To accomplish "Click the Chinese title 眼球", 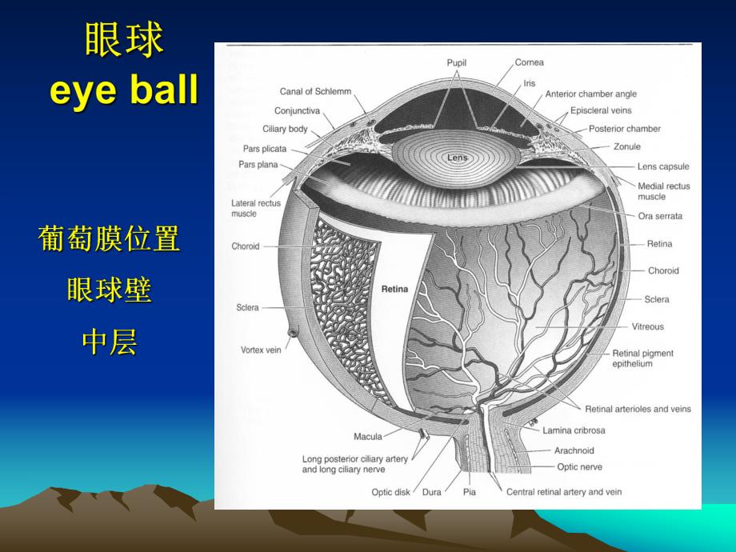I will point(124,41).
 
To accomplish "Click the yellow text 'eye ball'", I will point(124,90).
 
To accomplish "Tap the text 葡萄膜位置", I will point(109,238).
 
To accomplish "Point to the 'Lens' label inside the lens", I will point(457,158).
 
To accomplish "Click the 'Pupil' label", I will point(457,62).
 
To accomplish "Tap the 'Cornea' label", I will point(529,62).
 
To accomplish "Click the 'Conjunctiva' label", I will point(297,110).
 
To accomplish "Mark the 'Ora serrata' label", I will point(660,216).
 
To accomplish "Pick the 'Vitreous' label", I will point(648,326).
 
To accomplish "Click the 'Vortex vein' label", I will point(261,350).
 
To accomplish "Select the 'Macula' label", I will point(368,437).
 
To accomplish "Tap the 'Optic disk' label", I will point(392,492).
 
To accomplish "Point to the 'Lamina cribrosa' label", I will point(574,430).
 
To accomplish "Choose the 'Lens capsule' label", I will point(662,167).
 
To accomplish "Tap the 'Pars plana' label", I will point(258,165).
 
